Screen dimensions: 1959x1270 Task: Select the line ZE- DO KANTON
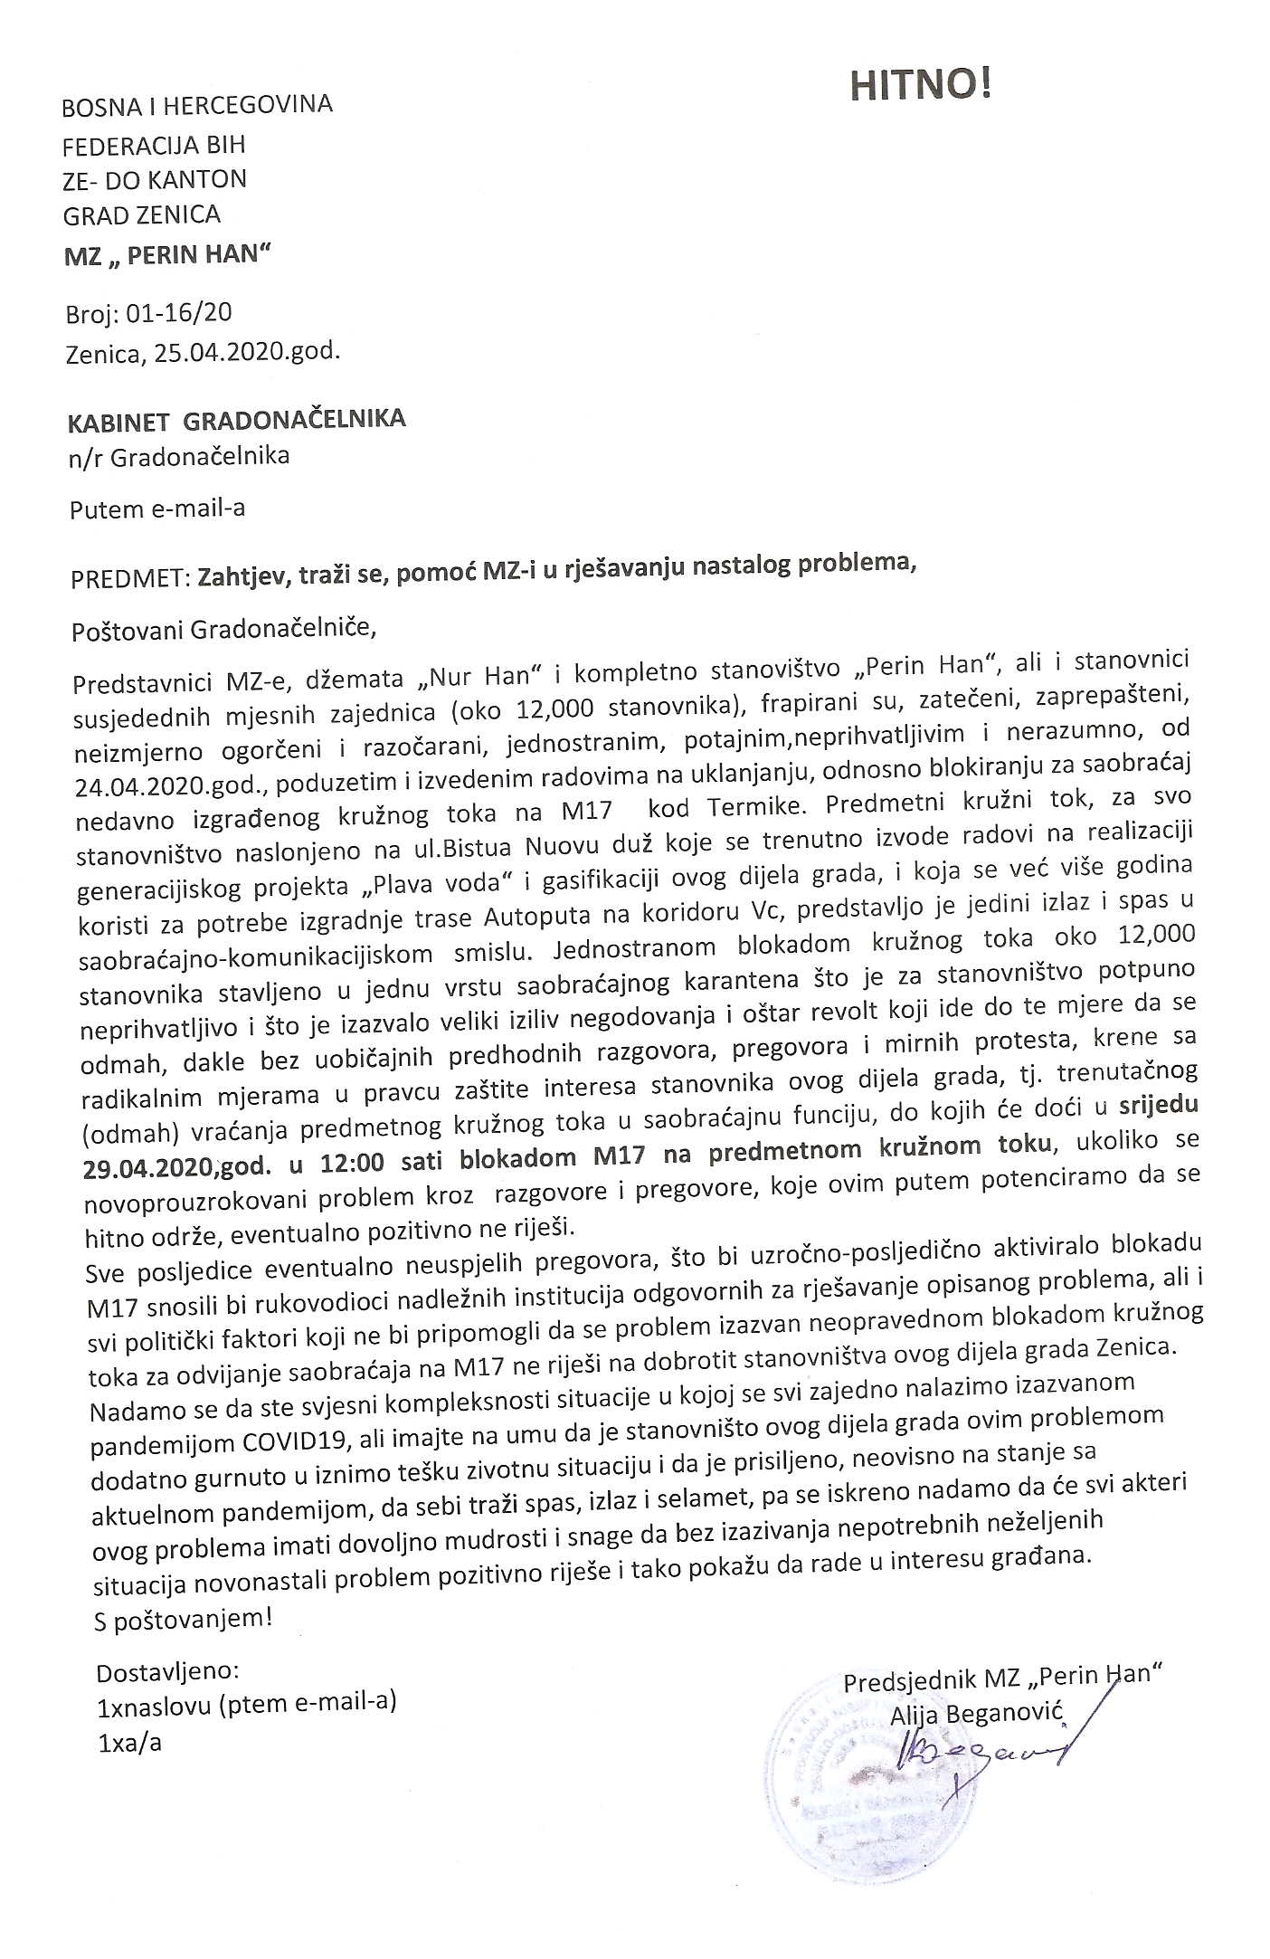pos(154,179)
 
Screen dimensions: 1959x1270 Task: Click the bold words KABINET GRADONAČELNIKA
pos(238,420)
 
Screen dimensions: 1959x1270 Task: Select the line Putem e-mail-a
pos(157,509)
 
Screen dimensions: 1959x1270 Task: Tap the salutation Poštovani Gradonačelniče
pos(222,628)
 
